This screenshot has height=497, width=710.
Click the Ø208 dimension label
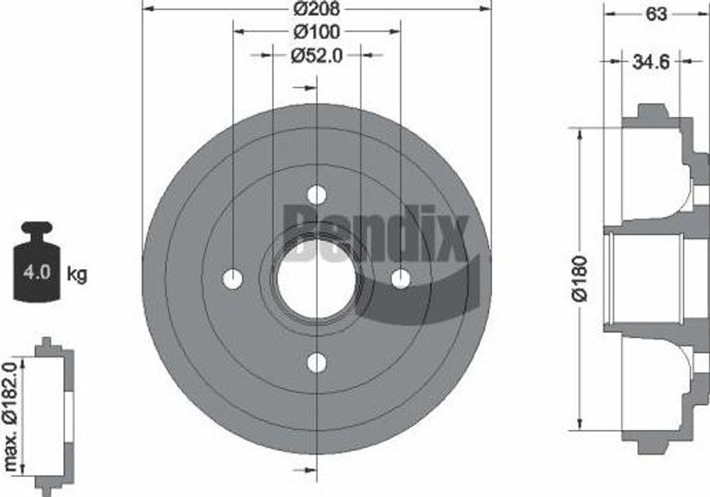point(316,10)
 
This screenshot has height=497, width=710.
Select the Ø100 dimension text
point(316,31)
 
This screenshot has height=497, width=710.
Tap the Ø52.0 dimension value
point(316,54)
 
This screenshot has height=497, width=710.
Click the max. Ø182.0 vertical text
point(10,415)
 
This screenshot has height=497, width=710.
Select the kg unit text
point(76,275)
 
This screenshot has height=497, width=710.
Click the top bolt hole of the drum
point(317,195)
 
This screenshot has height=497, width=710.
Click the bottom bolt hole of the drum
point(317,362)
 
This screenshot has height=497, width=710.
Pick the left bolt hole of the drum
point(233,279)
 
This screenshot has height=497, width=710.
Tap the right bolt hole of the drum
point(401,279)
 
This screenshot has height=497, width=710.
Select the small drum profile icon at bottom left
point(54,416)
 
